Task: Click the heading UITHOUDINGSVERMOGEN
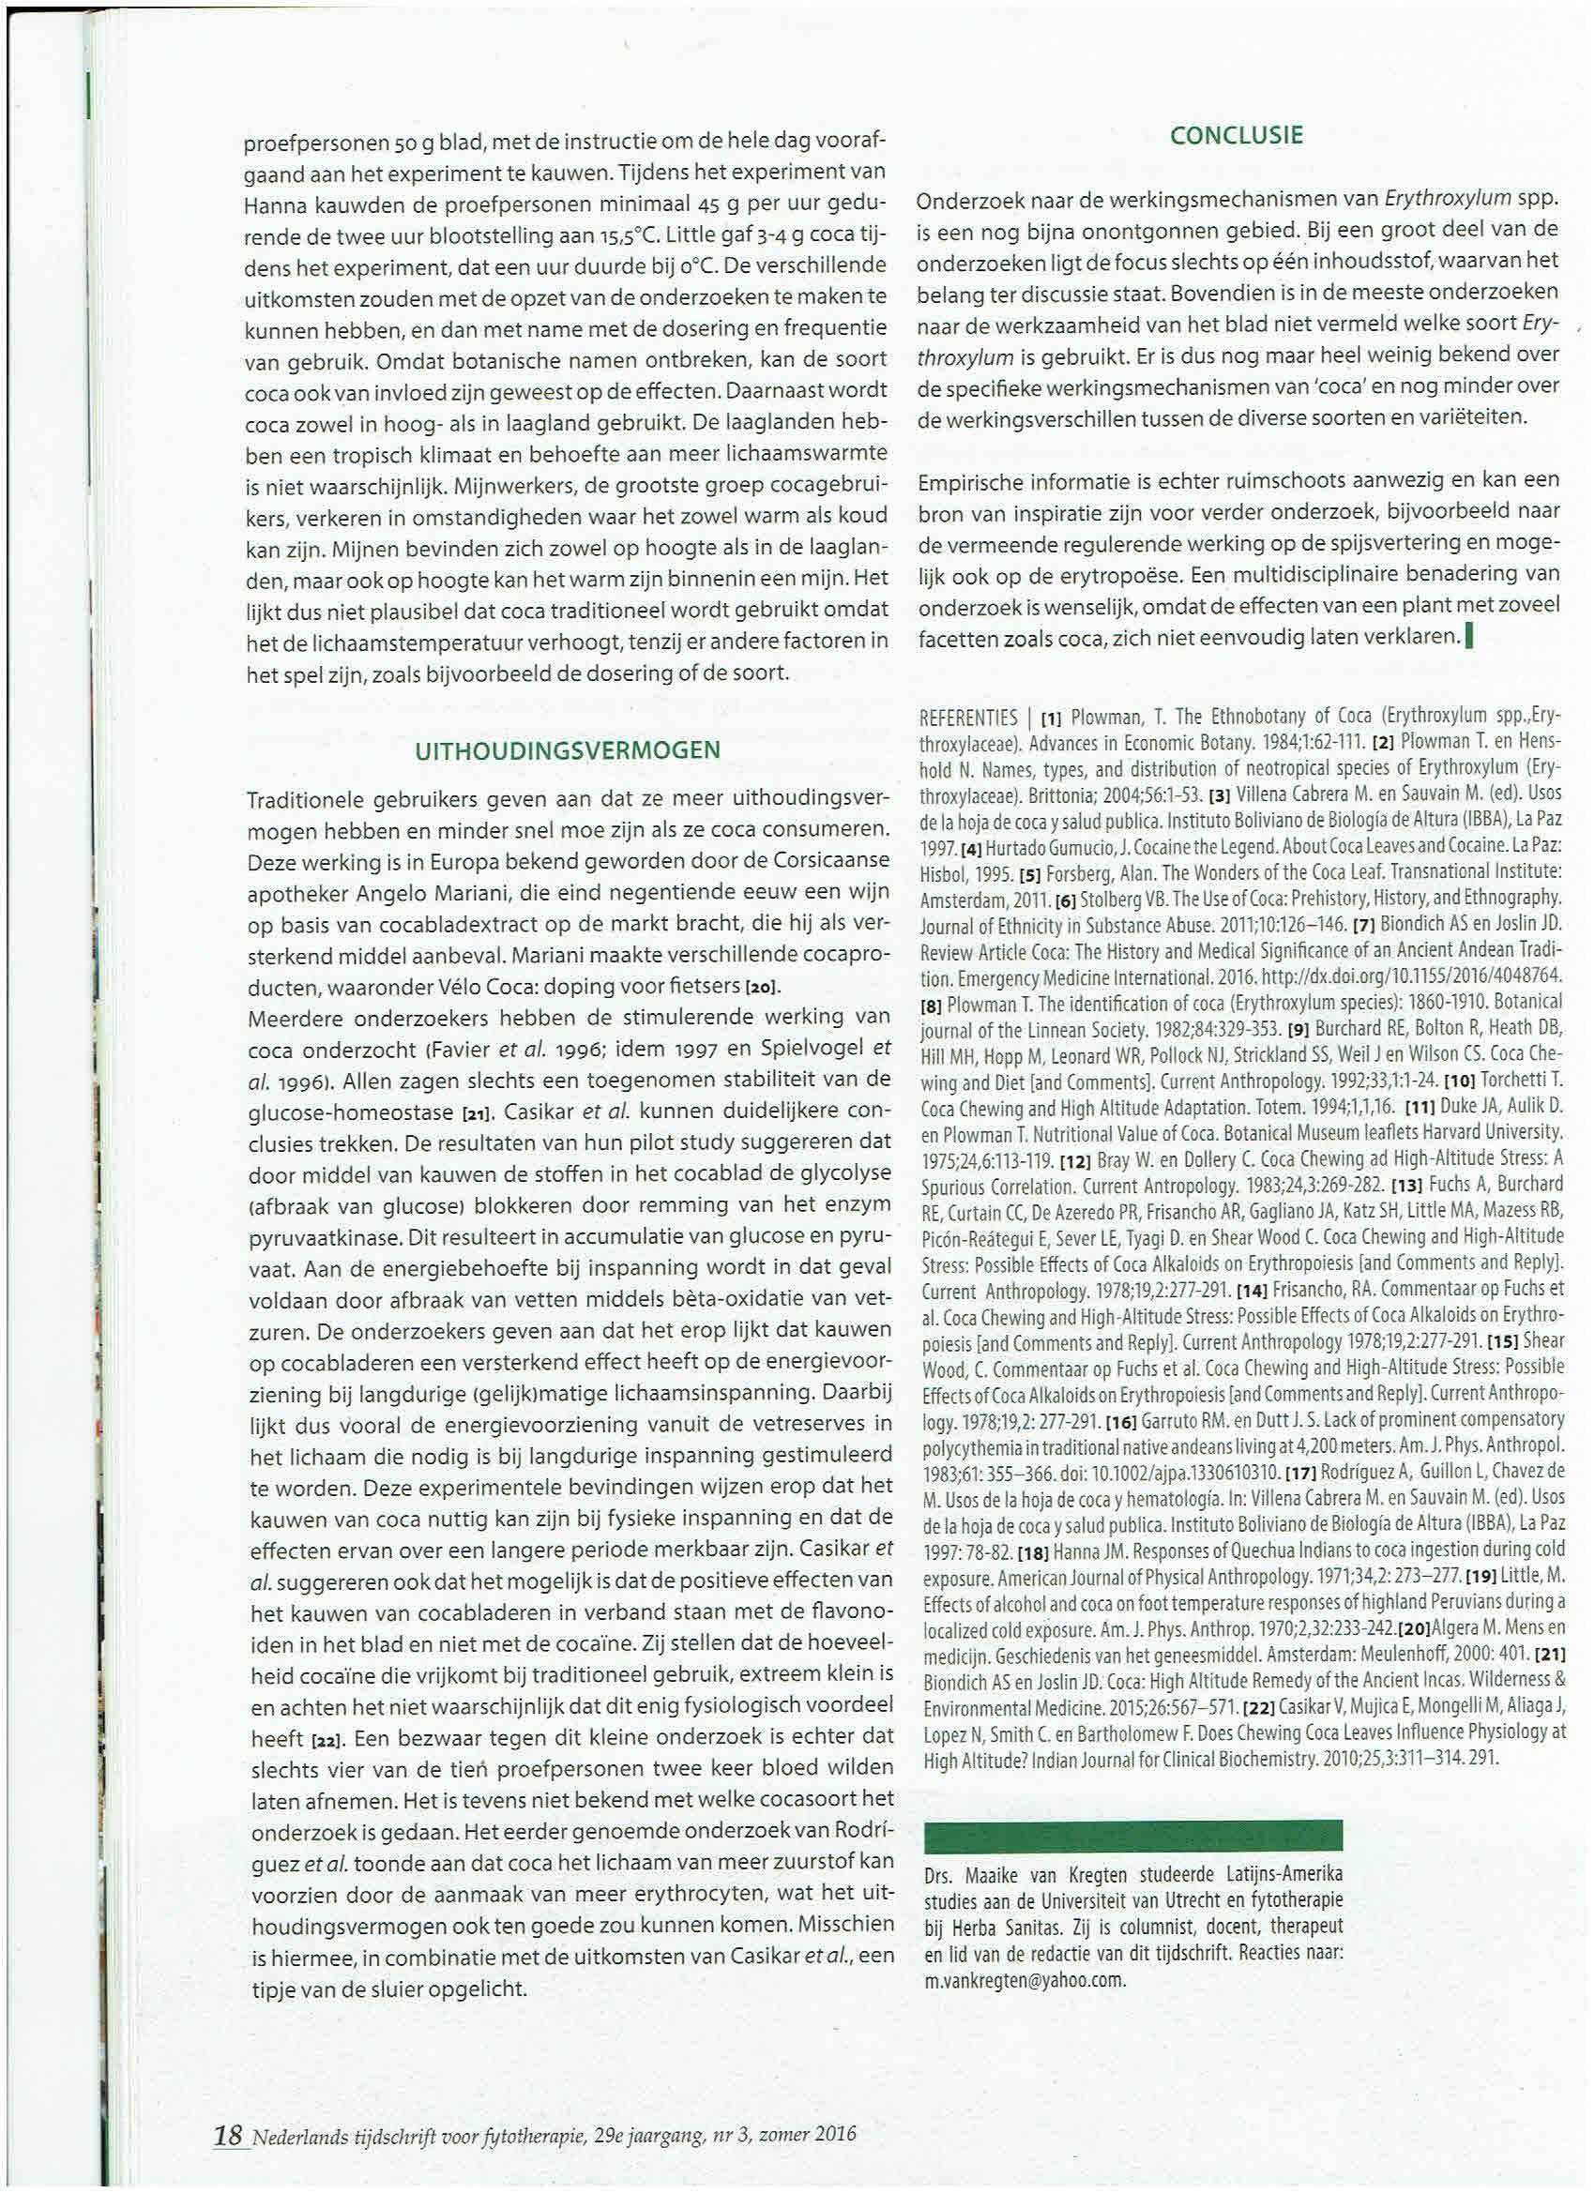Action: [x=567, y=750]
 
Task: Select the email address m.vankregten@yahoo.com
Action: [x=1025, y=1979]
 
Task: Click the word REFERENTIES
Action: [x=967, y=718]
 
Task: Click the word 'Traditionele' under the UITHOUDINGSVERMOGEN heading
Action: [x=306, y=801]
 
